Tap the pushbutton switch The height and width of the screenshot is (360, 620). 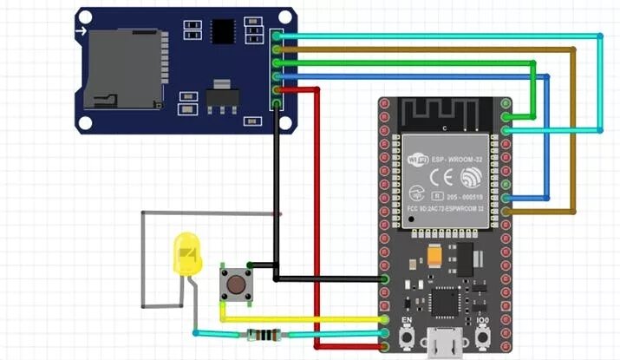pos(234,285)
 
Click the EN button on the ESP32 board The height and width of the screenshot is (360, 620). pos(404,339)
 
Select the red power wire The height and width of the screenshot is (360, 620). pos(317,217)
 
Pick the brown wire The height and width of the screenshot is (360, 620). pos(573,130)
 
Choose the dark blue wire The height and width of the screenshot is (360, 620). pos(548,139)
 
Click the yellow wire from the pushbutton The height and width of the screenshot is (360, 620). pos(303,319)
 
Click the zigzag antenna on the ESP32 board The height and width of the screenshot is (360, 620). pos(444,112)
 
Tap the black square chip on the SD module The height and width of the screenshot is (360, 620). pos(225,31)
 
